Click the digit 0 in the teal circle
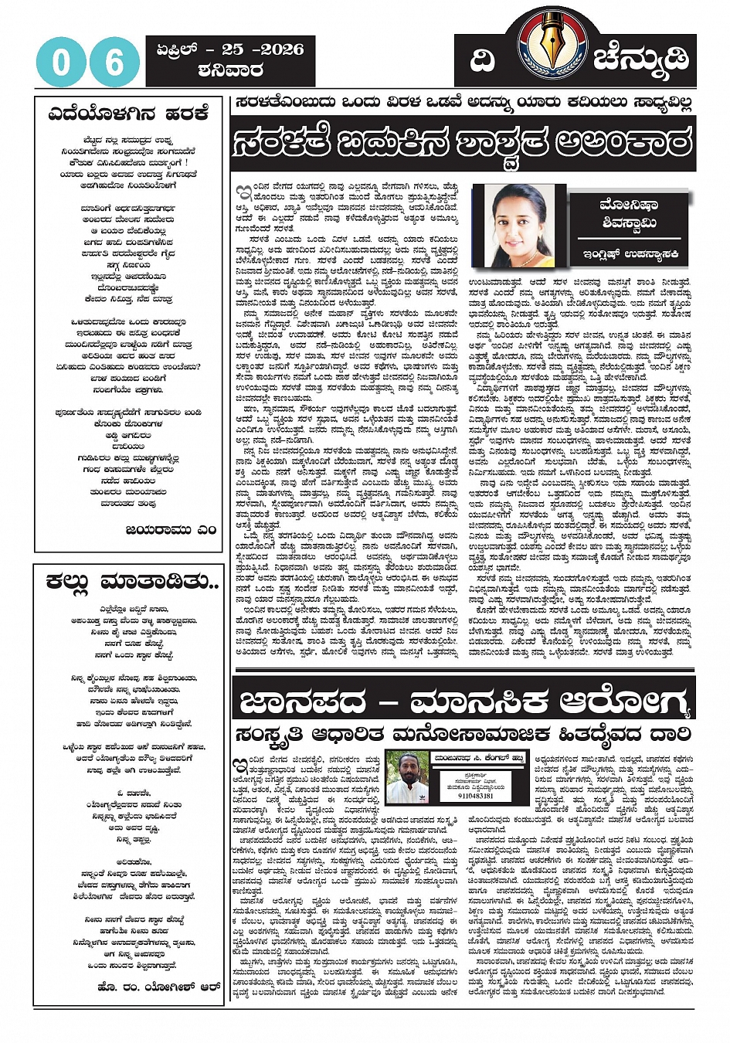[x=60, y=62]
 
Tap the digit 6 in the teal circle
[x=114, y=62]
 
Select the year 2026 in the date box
[x=281, y=49]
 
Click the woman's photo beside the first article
[x=518, y=224]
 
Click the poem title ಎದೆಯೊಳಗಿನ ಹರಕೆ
[x=128, y=114]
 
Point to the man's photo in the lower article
[x=407, y=777]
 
